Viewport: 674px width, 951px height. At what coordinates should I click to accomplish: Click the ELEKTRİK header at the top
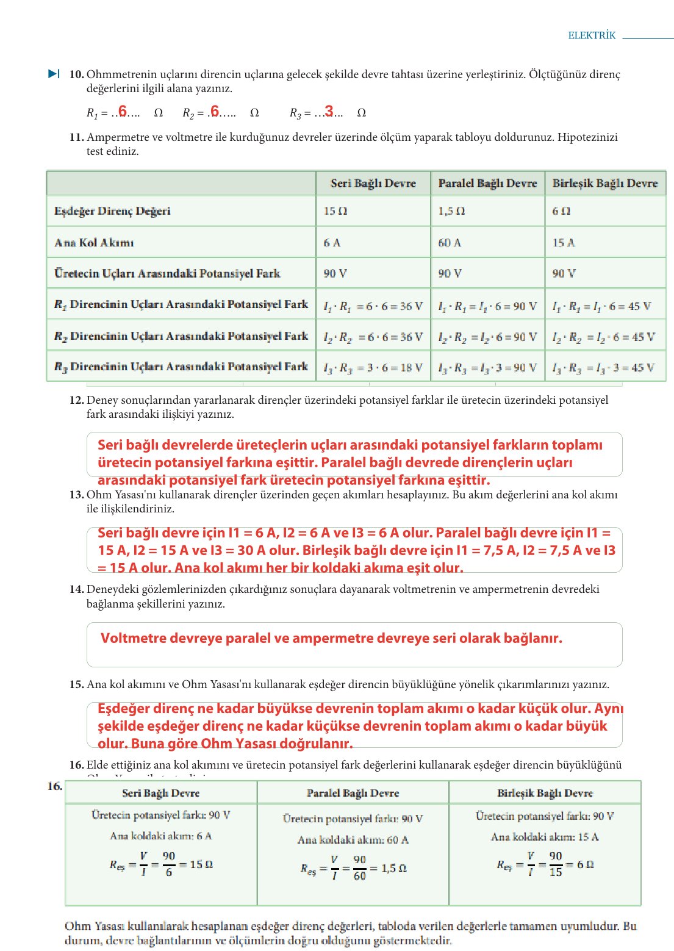pyautogui.click(x=592, y=35)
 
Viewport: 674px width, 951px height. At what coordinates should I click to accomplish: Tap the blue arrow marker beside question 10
pyautogui.click(x=54, y=74)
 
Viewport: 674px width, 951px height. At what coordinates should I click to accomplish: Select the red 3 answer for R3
pyautogui.click(x=329, y=111)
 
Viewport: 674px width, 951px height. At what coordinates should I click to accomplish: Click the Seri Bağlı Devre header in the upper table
pyautogui.click(x=373, y=183)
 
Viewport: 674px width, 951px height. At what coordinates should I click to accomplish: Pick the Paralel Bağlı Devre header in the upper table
pyautogui.click(x=487, y=183)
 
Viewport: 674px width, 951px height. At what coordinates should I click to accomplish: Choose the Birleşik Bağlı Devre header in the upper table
pyautogui.click(x=604, y=183)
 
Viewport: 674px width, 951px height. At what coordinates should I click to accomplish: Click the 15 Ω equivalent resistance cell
pyautogui.click(x=335, y=211)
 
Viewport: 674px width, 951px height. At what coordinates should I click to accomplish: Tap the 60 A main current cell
pyautogui.click(x=450, y=243)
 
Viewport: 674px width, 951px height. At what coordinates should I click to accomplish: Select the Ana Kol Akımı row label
pyautogui.click(x=94, y=243)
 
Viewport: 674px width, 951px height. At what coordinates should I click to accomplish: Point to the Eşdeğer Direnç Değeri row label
pyautogui.click(x=112, y=211)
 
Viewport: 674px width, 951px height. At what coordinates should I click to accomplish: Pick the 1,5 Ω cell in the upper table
pyautogui.click(x=451, y=211)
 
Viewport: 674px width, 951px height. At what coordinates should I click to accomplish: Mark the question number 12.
pyautogui.click(x=76, y=400)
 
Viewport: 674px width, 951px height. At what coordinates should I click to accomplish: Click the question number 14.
pyautogui.click(x=76, y=589)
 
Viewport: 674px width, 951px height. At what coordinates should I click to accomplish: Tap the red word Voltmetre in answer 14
pyautogui.click(x=133, y=638)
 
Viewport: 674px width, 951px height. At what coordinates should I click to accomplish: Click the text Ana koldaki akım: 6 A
pyautogui.click(x=161, y=836)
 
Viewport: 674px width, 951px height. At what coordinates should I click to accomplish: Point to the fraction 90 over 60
pyautogui.click(x=360, y=868)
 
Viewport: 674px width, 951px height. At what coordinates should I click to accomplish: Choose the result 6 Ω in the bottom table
pyautogui.click(x=585, y=864)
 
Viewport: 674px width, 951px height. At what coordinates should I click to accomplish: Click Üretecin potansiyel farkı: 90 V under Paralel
pyautogui.click(x=353, y=819)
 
